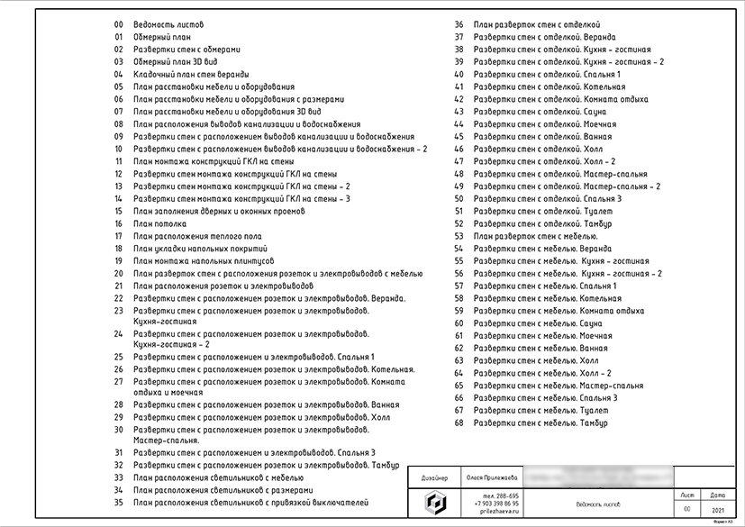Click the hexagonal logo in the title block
point(434,503)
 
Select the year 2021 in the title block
point(717,510)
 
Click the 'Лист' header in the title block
point(688,495)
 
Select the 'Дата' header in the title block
point(717,495)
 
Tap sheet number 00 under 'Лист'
point(688,510)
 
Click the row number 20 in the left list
point(118,273)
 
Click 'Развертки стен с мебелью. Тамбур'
point(542,423)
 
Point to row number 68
point(459,423)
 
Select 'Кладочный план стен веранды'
point(190,74)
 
